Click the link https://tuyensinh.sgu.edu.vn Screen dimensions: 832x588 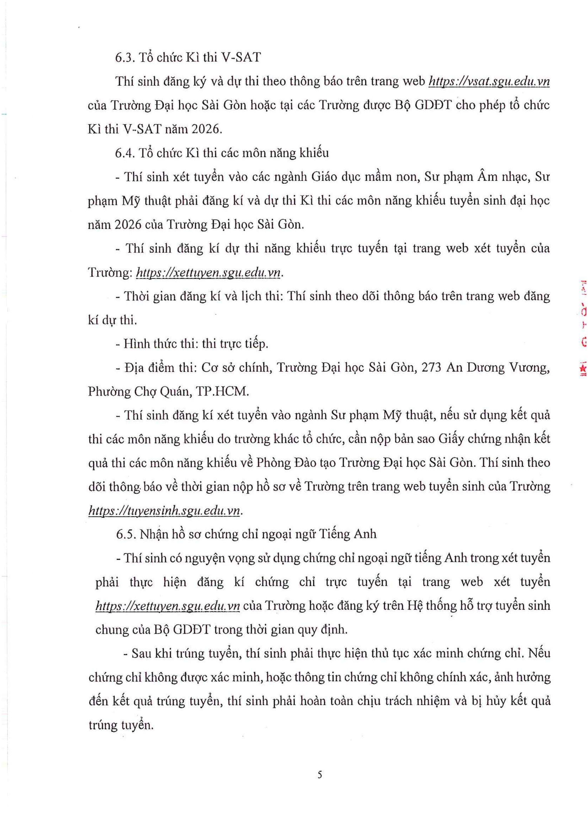(x=164, y=510)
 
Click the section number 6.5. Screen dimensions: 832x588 (x=126, y=534)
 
